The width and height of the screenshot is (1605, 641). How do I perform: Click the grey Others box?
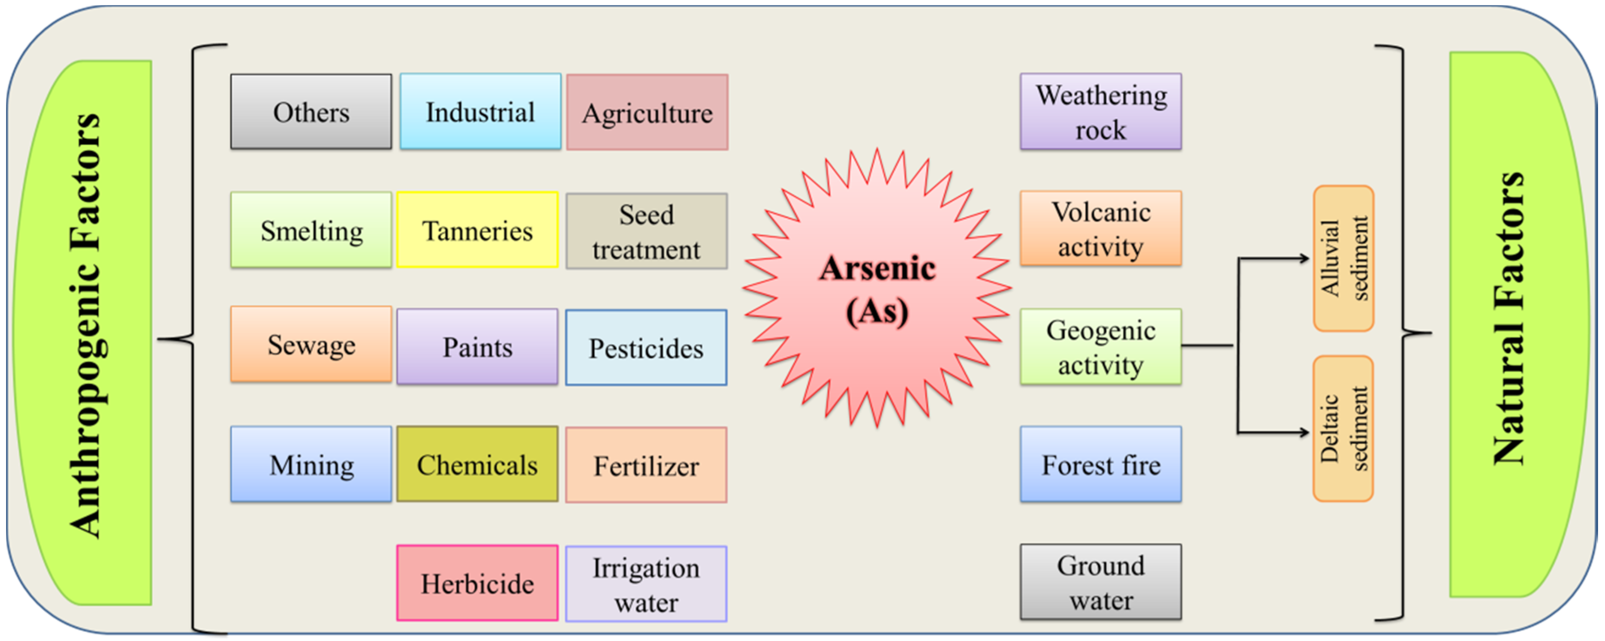pyautogui.click(x=311, y=112)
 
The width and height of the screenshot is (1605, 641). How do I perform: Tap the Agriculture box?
pyautogui.click(x=647, y=112)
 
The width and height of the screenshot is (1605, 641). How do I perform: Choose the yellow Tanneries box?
pyautogui.click(x=477, y=230)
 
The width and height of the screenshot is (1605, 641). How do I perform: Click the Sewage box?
pyautogui.click(x=311, y=344)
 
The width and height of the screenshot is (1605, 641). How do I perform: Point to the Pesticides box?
pyautogui.click(x=646, y=347)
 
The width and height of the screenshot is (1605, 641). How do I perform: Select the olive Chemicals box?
pyautogui.click(x=477, y=464)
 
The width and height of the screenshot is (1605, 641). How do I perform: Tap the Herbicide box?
pyautogui.click(x=477, y=583)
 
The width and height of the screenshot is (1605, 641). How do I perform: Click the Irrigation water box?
pyautogui.click(x=646, y=584)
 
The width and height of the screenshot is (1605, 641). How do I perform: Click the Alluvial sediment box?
pyautogui.click(x=1344, y=258)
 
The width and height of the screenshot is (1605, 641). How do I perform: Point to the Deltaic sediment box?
pyautogui.click(x=1344, y=429)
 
